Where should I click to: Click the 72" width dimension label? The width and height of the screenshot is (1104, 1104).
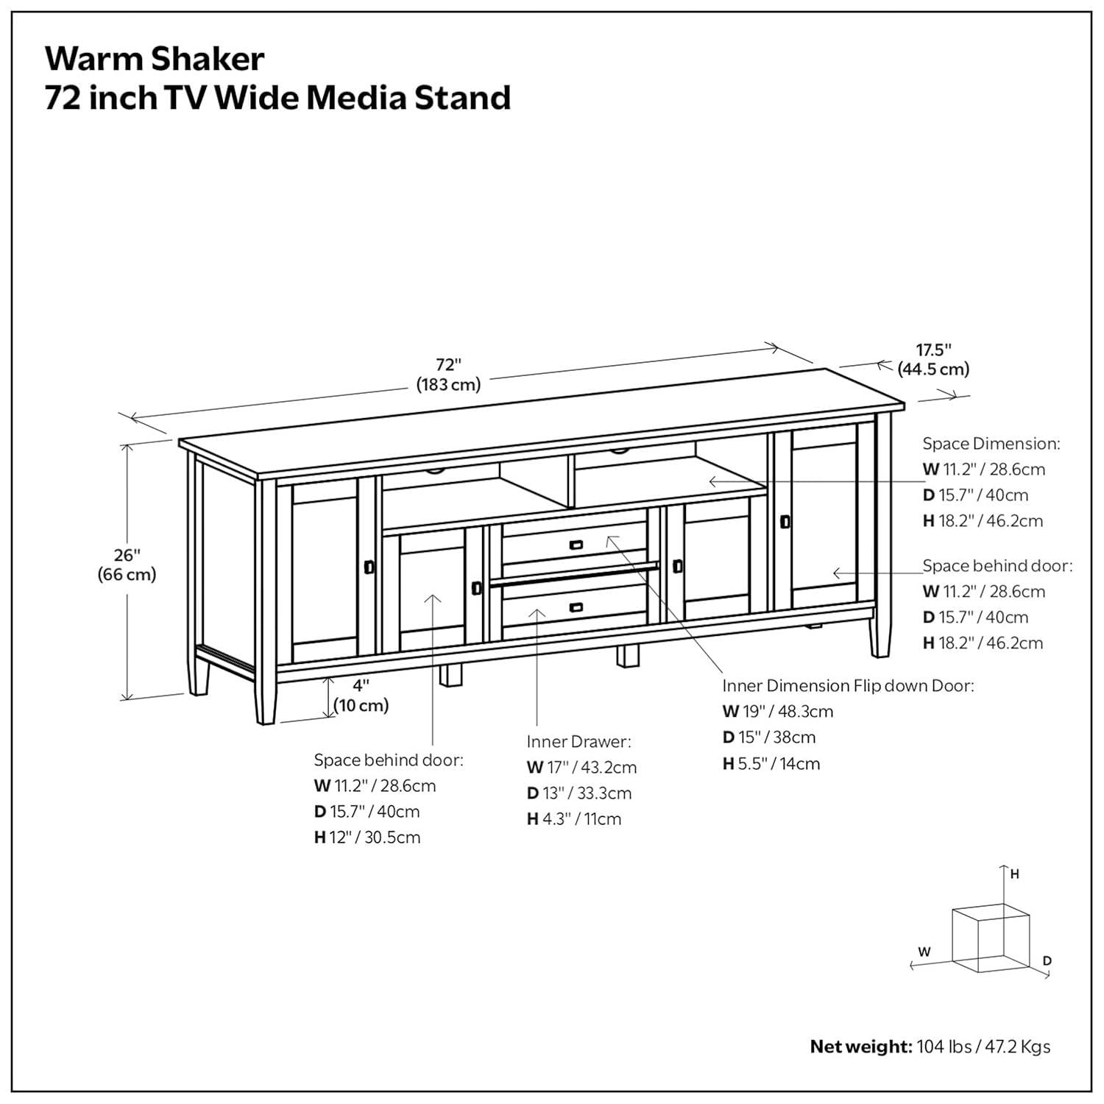(x=448, y=374)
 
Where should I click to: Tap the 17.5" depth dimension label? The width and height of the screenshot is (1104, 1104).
(x=933, y=358)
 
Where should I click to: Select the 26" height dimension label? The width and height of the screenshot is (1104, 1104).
(x=127, y=565)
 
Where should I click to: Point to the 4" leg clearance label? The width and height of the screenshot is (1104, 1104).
(x=361, y=696)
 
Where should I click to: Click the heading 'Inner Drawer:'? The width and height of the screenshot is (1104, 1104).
(x=578, y=741)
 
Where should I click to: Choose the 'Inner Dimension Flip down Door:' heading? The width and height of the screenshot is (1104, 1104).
(x=847, y=686)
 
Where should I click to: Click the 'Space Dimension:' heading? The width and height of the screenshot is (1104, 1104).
(x=991, y=443)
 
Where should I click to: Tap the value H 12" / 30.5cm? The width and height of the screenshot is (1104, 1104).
(x=367, y=838)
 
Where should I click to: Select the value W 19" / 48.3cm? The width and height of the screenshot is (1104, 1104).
(x=777, y=712)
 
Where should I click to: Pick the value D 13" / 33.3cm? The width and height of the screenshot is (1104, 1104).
(x=578, y=793)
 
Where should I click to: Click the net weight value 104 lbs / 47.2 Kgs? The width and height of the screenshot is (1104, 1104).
(x=983, y=1047)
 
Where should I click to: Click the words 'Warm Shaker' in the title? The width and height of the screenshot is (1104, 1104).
(x=155, y=59)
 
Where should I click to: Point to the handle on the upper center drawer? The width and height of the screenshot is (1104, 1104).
(x=576, y=545)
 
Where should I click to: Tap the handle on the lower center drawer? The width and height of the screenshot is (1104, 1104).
(x=576, y=607)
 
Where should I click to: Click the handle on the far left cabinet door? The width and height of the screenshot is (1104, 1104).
(x=369, y=567)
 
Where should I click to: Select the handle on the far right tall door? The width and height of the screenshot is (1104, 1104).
(x=785, y=521)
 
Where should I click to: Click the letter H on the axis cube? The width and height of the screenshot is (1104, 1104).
(x=1014, y=874)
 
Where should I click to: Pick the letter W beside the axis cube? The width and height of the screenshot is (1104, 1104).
(x=924, y=952)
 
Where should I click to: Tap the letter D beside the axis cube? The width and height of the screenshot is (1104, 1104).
(x=1047, y=960)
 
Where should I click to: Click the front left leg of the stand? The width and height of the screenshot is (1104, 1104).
(x=266, y=699)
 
